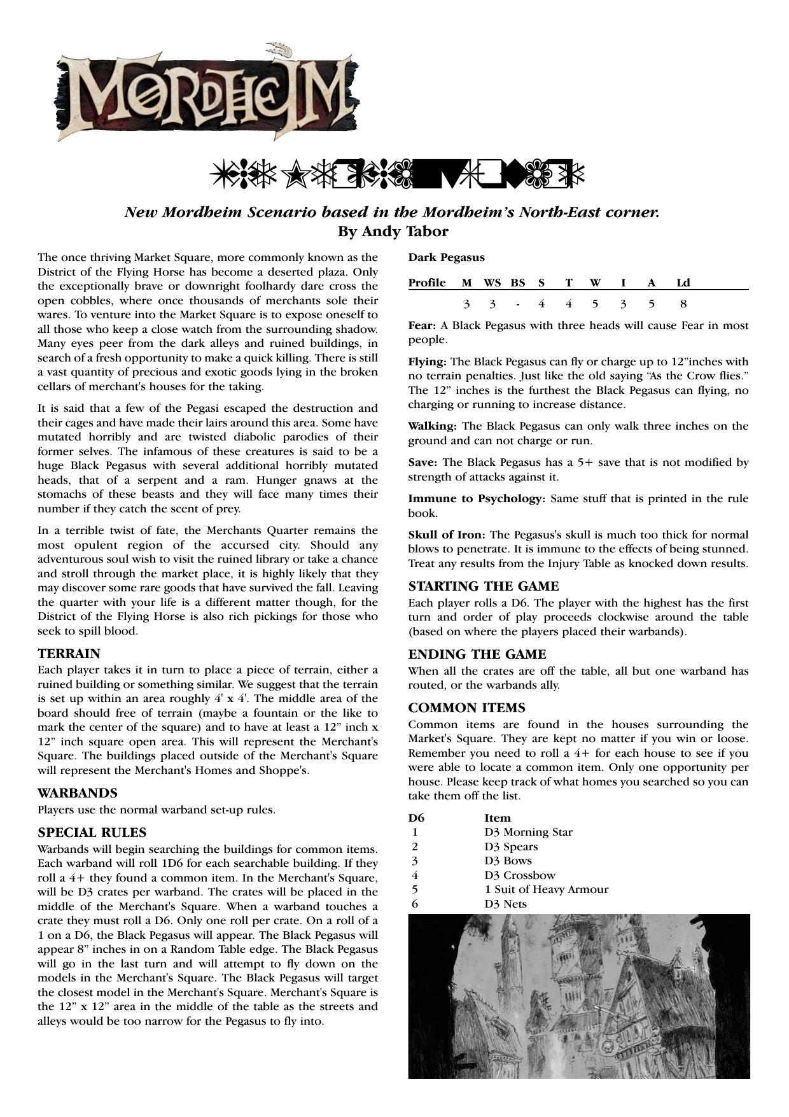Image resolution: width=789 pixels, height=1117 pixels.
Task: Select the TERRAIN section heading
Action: [x=69, y=654]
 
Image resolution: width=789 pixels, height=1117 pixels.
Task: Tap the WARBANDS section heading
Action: [x=78, y=793]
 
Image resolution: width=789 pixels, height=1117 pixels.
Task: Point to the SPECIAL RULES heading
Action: [x=92, y=832]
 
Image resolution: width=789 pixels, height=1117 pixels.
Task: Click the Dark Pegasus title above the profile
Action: [x=446, y=258]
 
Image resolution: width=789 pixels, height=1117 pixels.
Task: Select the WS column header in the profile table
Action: [x=492, y=283]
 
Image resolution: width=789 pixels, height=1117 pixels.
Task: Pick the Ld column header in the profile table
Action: [x=683, y=283]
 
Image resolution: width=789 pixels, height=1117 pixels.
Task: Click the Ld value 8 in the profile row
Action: [x=683, y=304]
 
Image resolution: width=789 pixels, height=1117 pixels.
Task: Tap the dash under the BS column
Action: [x=518, y=304]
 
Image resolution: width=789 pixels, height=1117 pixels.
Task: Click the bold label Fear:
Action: [x=422, y=325]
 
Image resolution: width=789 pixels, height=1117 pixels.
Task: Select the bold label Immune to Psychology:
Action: [x=477, y=498]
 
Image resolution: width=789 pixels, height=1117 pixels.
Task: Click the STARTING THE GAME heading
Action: [x=484, y=586]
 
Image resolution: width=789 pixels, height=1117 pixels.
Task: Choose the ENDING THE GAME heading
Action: [x=477, y=654]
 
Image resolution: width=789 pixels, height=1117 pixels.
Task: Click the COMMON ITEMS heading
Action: [x=466, y=708]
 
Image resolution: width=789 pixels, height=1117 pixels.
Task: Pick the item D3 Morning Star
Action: [x=528, y=832]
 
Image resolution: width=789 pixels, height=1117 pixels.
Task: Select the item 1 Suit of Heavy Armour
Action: [x=546, y=889]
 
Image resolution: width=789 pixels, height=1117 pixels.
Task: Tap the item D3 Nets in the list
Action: [x=505, y=904]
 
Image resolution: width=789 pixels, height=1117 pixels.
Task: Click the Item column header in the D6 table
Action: [x=498, y=818]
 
